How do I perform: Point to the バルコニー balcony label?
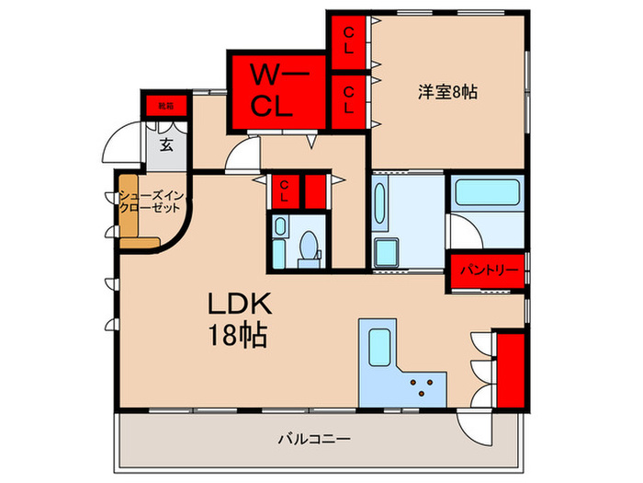pos(314,441)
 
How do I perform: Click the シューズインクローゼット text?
pos(149,202)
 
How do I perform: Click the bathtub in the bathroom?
pos(487,194)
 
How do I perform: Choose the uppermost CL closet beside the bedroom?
pos(349,40)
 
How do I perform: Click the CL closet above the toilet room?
pos(285,192)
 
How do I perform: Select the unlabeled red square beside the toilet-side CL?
pos(315,191)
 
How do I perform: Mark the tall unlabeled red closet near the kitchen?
pos(510,370)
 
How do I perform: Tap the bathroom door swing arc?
pos(464,229)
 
